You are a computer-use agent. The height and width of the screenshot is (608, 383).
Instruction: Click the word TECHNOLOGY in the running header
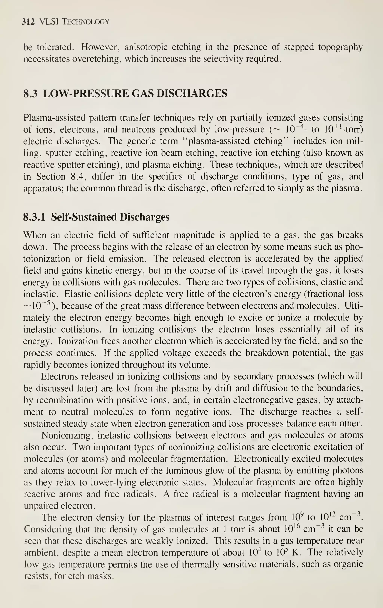coord(86,22)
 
